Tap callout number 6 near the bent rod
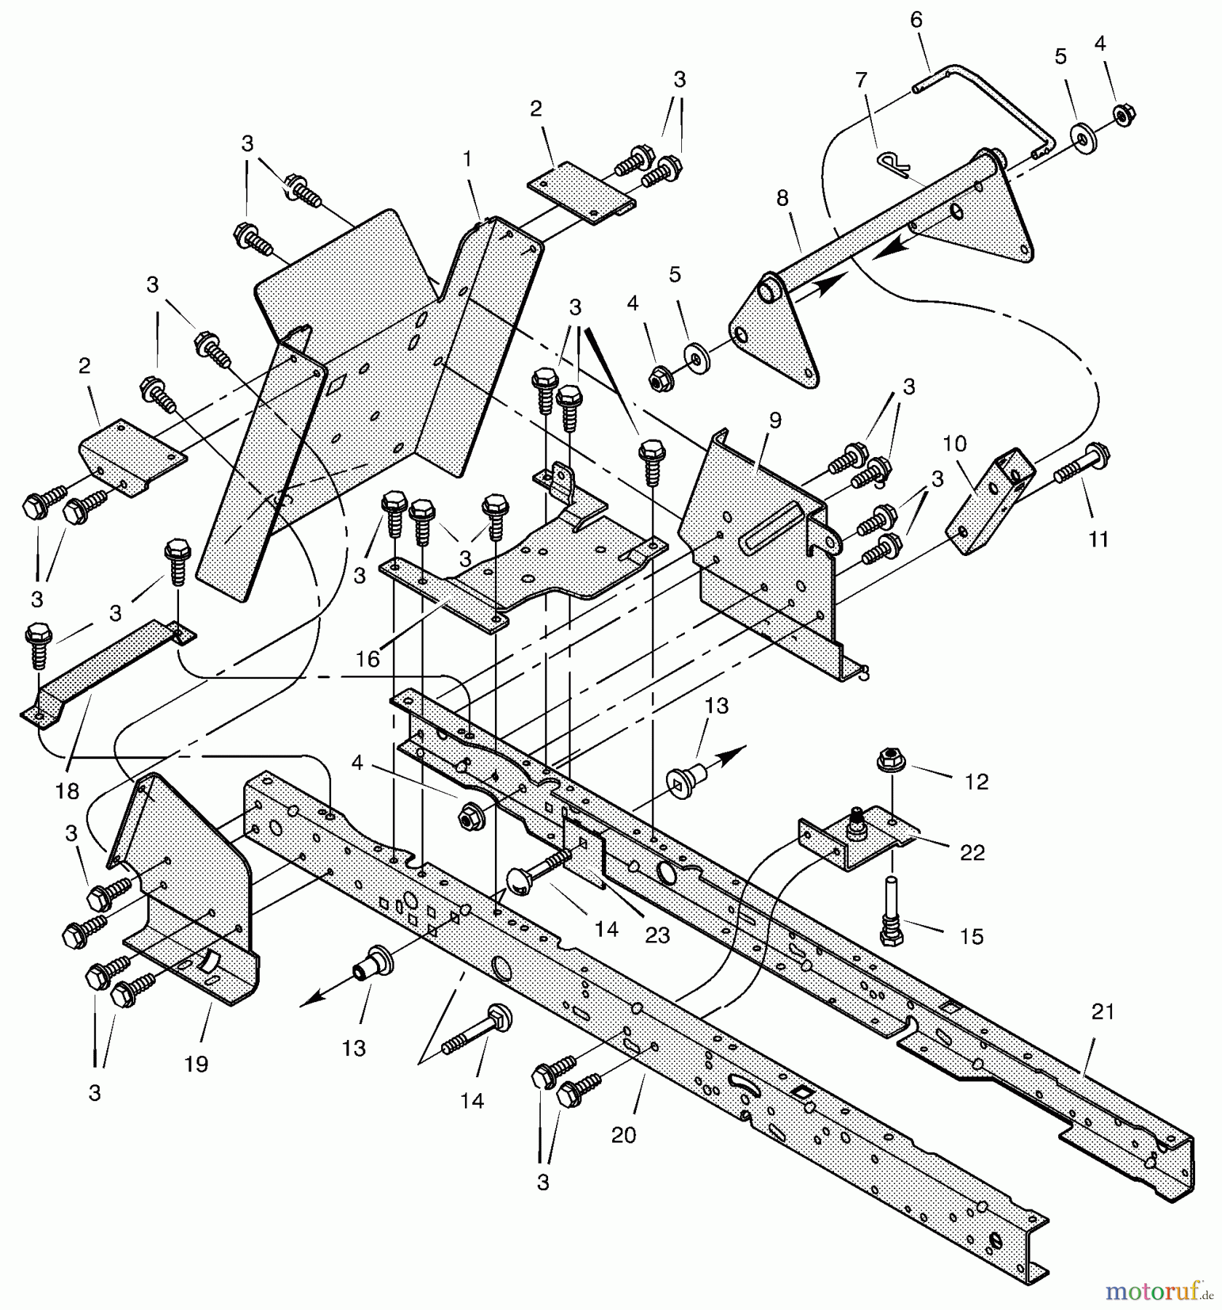coord(916,20)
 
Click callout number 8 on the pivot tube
coord(782,198)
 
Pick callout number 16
coord(368,659)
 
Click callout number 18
coord(67,791)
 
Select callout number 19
coord(196,1064)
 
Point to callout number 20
coord(623,1135)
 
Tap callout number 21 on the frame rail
coord(1103,1012)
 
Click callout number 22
coord(972,851)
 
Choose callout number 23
coord(657,935)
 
